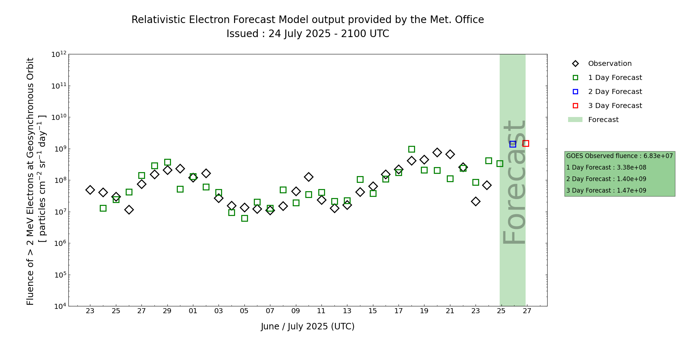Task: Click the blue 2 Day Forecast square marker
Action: point(513,144)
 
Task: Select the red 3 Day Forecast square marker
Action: point(526,143)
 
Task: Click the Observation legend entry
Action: point(602,64)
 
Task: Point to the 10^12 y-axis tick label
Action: point(59,54)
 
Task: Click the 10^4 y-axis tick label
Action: point(60,306)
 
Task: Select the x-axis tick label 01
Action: point(193,311)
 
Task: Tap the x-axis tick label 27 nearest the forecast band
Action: point(527,311)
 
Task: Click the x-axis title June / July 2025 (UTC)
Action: point(308,327)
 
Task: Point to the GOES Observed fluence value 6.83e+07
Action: point(658,156)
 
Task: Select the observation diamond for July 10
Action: point(309,177)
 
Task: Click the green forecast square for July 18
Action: point(411,149)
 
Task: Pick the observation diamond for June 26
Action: point(129,210)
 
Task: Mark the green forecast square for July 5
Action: point(244,218)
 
